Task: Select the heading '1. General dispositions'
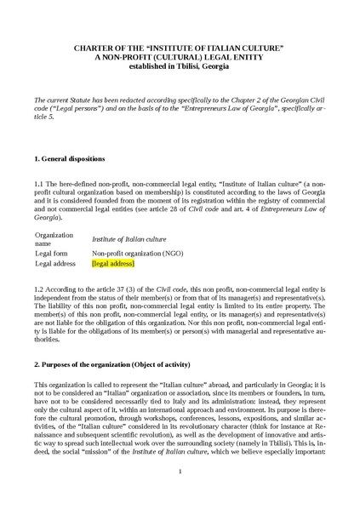[70, 159]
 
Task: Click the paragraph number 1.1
[39, 183]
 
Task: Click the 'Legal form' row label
[52, 253]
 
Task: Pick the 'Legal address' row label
[56, 264]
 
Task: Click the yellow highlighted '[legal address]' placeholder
[113, 264]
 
